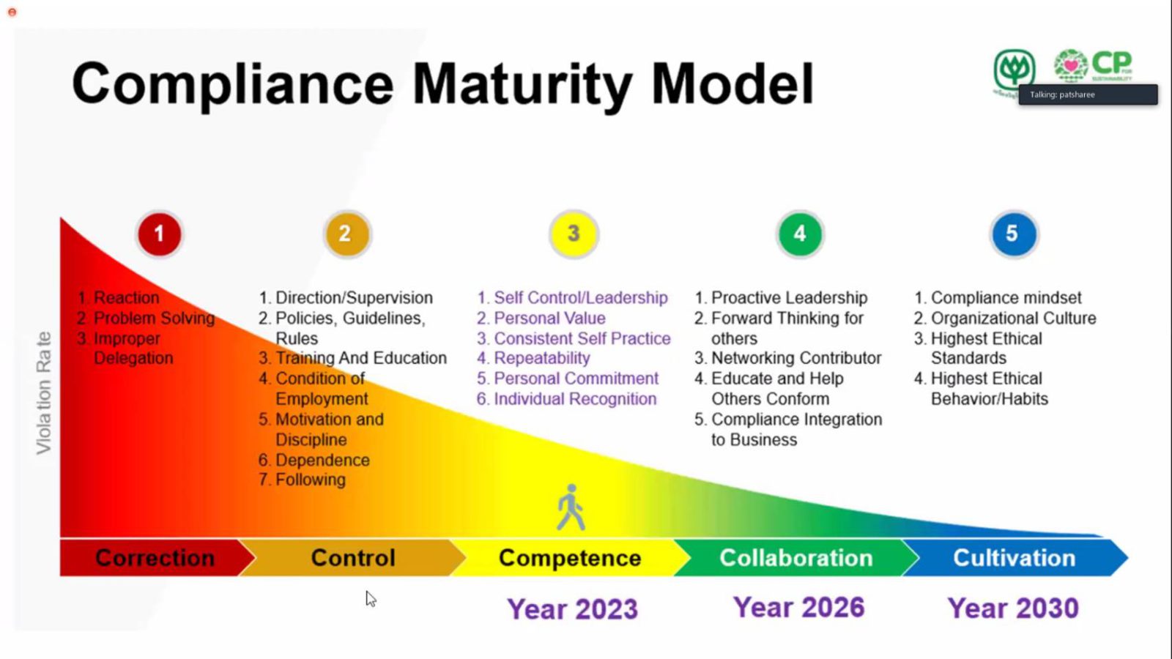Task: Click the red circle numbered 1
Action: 159,234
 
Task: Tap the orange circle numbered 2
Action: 346,234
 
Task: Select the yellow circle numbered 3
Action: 574,234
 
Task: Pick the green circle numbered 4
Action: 800,234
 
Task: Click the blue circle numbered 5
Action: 1013,234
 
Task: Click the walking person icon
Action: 571,507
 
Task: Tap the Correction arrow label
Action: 155,558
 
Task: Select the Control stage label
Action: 352,558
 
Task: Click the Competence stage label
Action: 570,558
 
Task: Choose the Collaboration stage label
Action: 795,558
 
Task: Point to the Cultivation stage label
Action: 1014,558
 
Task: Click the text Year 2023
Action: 572,609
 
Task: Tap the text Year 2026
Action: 798,608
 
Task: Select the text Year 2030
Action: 1012,608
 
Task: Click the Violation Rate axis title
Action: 44,393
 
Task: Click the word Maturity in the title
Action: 522,84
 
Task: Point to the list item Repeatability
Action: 541,358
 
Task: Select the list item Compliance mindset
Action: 1006,298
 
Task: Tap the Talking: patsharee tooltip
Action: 1087,94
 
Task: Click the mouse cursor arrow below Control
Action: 371,599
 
